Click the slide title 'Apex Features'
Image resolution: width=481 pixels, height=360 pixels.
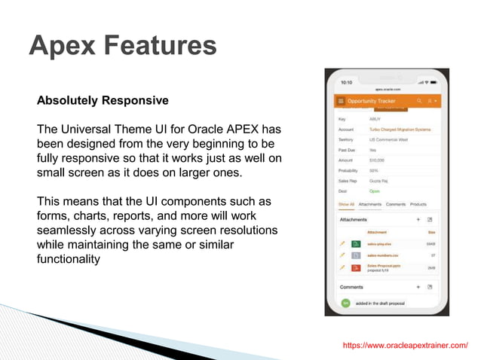122,45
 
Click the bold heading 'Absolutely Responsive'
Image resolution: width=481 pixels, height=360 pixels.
103,100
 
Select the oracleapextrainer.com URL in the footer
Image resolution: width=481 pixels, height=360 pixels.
405,345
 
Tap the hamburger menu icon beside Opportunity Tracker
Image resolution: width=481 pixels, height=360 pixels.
341,101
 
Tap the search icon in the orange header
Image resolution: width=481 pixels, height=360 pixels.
420,101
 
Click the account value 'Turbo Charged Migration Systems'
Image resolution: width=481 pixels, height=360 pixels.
400,130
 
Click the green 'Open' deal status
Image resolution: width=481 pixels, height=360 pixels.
374,191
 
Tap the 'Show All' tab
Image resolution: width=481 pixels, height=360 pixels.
345,204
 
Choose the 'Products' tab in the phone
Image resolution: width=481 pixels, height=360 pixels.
418,204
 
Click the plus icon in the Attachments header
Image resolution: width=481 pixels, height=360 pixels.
418,219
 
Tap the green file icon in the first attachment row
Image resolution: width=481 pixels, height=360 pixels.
356,244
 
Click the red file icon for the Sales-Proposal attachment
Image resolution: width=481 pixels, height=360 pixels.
356,267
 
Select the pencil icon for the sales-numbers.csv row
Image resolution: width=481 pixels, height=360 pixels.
342,256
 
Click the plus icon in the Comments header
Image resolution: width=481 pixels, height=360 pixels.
418,287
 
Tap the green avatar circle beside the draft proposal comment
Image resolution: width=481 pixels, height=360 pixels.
345,303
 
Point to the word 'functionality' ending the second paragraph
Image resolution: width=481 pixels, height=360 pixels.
69,259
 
